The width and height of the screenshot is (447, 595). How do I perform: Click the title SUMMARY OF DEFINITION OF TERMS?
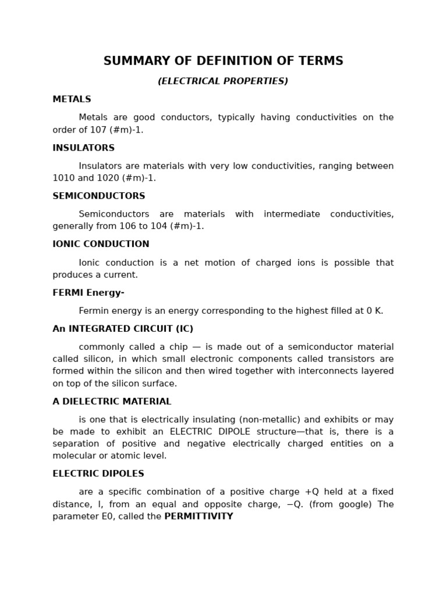click(223, 61)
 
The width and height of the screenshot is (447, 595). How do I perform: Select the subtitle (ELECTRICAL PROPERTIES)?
click(223, 81)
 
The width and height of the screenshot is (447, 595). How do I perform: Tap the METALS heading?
click(72, 99)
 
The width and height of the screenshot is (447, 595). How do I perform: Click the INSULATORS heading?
click(83, 148)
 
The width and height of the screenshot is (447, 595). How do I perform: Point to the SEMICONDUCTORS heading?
click(99, 196)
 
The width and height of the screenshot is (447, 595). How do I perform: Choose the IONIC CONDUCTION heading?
click(101, 244)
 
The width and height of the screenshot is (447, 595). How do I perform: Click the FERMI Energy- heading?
click(88, 292)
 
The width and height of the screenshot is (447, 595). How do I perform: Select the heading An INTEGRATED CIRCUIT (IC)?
click(123, 329)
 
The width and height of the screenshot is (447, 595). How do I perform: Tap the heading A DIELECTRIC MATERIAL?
click(112, 402)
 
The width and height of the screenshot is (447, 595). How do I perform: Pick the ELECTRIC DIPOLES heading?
click(98, 474)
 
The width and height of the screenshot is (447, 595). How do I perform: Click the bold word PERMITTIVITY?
click(198, 517)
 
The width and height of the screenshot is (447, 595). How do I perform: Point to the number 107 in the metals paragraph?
click(91, 130)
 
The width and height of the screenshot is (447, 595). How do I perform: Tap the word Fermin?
click(95, 311)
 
